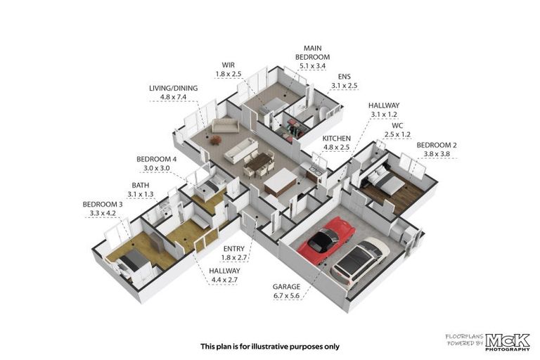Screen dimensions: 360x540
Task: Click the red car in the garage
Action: point(326,240)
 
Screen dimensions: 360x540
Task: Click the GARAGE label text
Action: point(286,286)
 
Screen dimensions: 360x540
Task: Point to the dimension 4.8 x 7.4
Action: point(173,97)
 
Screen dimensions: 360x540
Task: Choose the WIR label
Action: point(229,64)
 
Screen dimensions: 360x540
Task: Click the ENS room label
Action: point(344,77)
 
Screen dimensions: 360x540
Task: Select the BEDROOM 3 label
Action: point(103,204)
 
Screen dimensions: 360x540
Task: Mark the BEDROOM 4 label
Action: point(156,160)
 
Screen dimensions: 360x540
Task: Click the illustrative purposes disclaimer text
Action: point(270,346)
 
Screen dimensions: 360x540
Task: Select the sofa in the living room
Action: point(225,125)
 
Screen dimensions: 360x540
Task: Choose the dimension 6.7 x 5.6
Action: point(286,295)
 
